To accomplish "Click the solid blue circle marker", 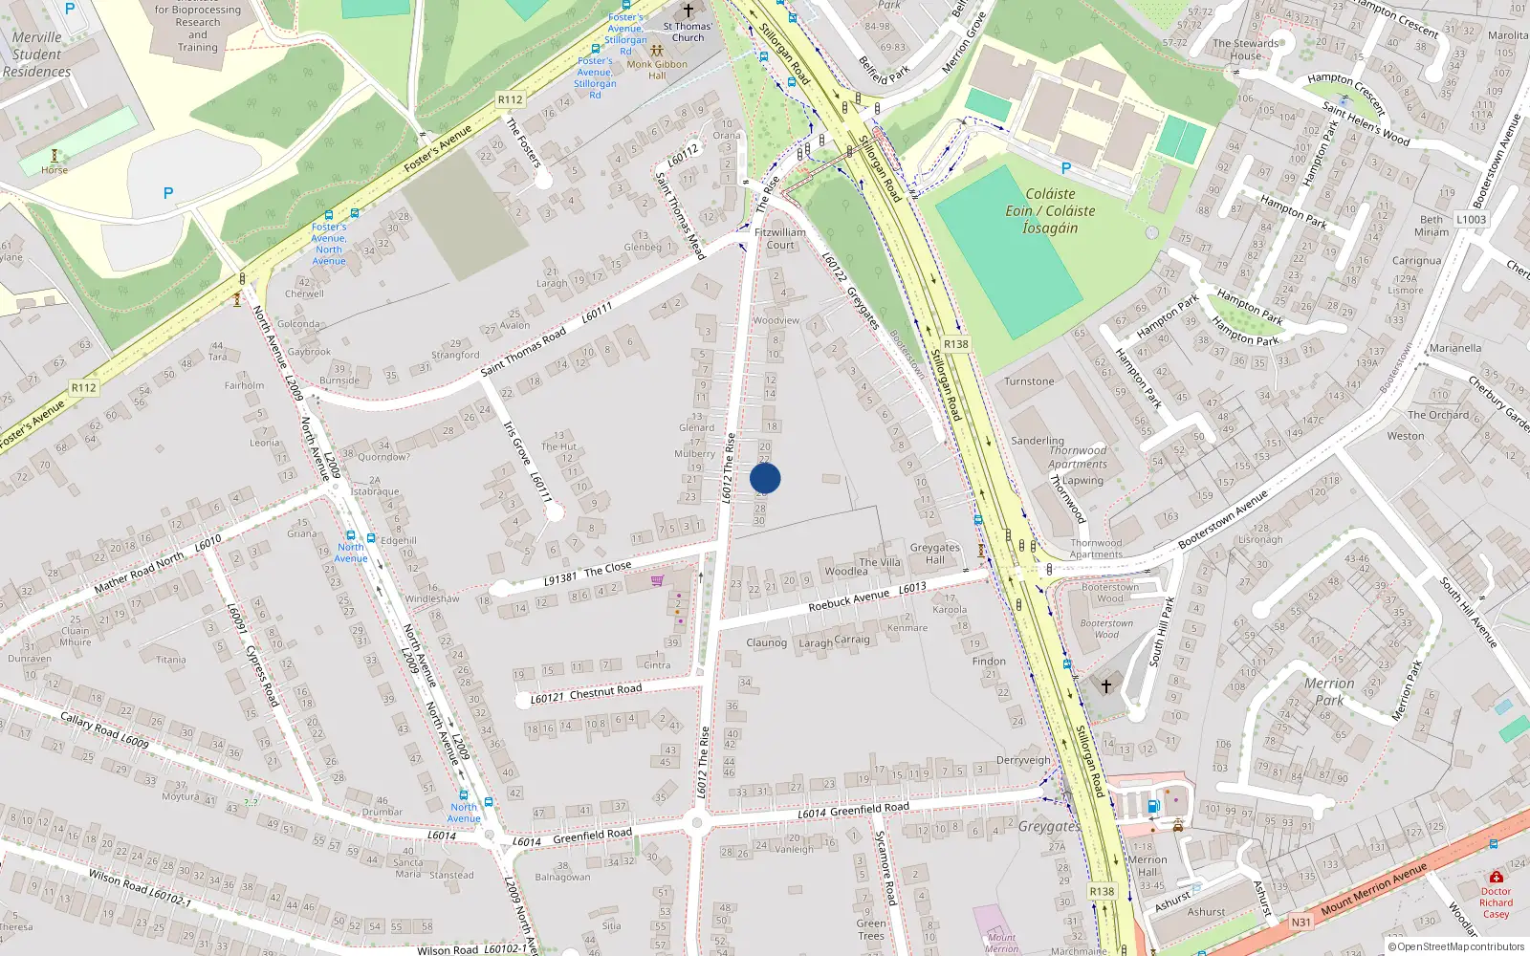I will (x=765, y=478).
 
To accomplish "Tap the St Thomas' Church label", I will (x=688, y=33).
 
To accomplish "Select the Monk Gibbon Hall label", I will (x=657, y=70).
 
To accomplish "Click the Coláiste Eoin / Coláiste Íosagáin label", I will (x=1050, y=211).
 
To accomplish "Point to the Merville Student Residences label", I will (x=36, y=54).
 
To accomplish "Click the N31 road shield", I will (x=1300, y=922).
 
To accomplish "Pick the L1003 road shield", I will (x=1471, y=219).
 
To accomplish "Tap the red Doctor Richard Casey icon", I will (x=1496, y=877).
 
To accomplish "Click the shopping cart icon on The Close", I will (x=657, y=580).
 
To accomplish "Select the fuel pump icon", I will (x=1153, y=807).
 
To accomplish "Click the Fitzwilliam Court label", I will (x=780, y=238).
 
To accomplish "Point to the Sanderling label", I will (x=1038, y=441).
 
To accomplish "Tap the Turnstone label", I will (x=1029, y=381).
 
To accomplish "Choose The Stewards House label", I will (x=1245, y=50).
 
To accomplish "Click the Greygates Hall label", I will (x=934, y=554).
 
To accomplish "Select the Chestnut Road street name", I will (x=605, y=691).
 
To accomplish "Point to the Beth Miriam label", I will (x=1432, y=226).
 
